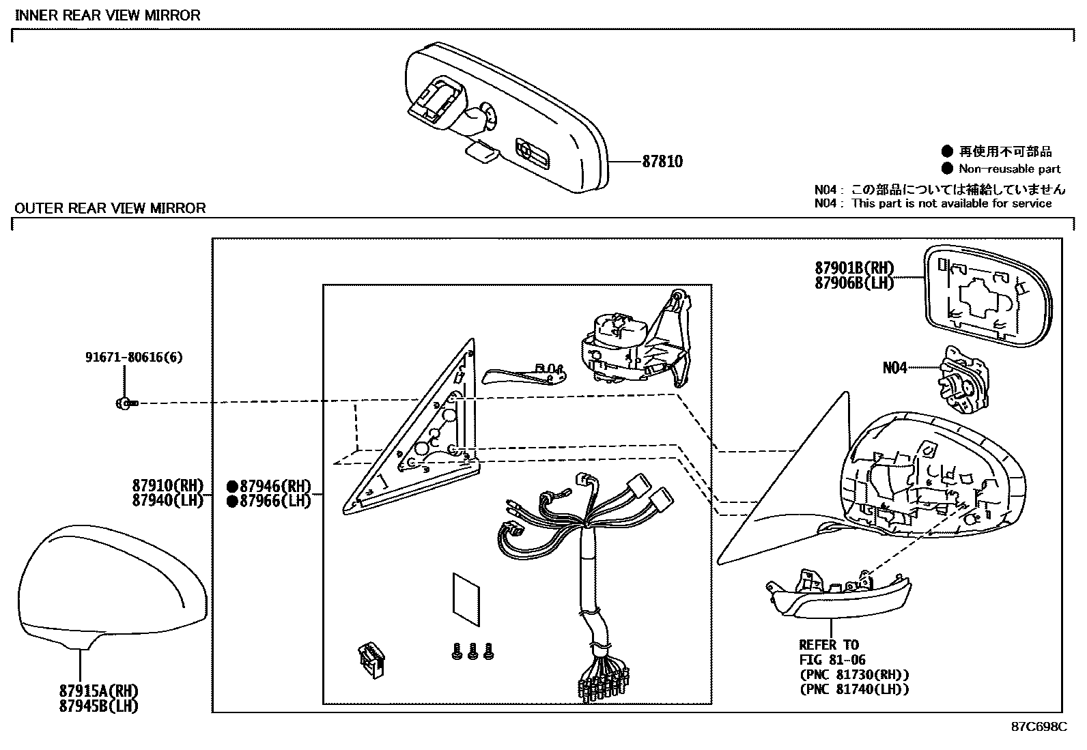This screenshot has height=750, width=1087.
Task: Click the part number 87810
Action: [662, 162]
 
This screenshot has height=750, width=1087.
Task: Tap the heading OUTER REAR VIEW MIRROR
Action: [110, 208]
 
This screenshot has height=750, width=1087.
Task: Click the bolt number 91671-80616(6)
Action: [134, 357]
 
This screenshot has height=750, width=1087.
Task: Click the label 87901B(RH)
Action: [853, 268]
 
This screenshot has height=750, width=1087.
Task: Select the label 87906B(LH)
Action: [853, 283]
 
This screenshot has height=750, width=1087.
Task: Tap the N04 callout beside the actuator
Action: [894, 368]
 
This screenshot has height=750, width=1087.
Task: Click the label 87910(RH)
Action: [168, 486]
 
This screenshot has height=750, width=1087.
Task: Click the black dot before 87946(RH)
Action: [232, 487]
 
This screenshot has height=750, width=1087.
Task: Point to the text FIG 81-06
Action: [833, 659]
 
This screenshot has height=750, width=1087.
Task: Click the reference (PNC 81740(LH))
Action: [854, 689]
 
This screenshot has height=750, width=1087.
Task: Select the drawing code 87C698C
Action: [1039, 727]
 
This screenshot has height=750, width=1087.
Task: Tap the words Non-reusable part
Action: [1009, 169]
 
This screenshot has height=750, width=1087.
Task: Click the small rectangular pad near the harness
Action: [466, 599]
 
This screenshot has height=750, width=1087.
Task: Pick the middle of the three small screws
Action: [472, 653]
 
